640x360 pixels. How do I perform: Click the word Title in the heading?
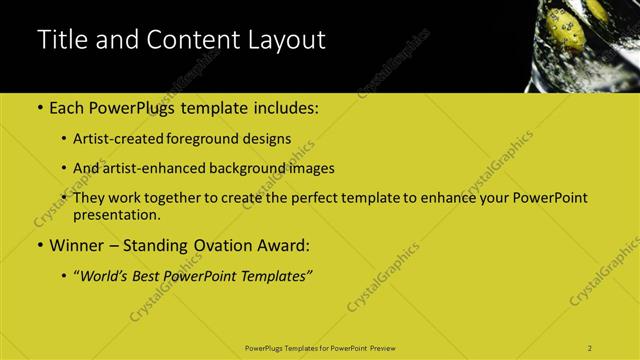pyautogui.click(x=60, y=41)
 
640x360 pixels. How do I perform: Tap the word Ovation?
pyautogui.click(x=222, y=244)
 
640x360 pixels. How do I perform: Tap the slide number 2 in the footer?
pyautogui.click(x=590, y=347)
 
